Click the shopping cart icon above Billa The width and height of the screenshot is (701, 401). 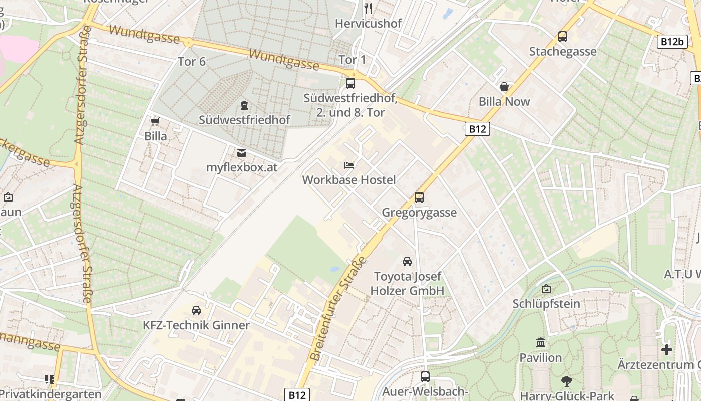[x=155, y=121]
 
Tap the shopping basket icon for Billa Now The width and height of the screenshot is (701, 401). [x=504, y=87]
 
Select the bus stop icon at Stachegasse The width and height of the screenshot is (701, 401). [x=563, y=37]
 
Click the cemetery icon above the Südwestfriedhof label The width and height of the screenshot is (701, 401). [x=244, y=105]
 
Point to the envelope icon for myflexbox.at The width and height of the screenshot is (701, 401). [x=242, y=152]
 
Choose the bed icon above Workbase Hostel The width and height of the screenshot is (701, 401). [x=349, y=165]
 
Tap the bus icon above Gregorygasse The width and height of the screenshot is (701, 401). [x=419, y=197]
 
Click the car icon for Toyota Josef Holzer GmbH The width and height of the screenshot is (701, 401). [x=407, y=261]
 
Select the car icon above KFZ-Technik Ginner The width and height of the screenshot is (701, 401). [x=196, y=310]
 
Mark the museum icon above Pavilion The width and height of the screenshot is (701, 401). [x=541, y=343]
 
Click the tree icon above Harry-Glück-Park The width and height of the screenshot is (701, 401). [x=567, y=381]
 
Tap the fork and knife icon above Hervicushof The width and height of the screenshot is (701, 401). [x=368, y=8]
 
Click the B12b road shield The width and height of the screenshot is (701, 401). [x=671, y=42]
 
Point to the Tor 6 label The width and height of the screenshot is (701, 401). [x=192, y=62]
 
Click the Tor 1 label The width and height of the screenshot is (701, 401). [x=353, y=60]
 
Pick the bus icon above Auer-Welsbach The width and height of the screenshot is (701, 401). [x=425, y=376]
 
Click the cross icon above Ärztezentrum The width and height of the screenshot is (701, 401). [x=666, y=349]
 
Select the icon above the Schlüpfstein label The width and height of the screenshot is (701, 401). [x=546, y=289]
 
